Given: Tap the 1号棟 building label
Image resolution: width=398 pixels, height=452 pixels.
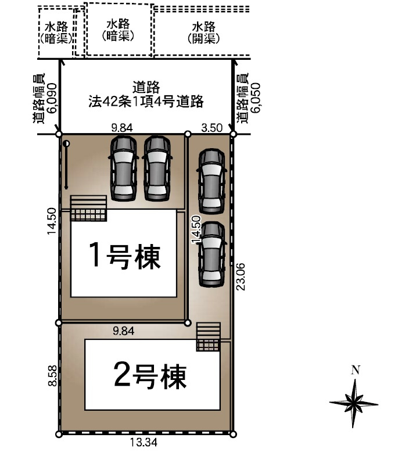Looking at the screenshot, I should [x=124, y=256].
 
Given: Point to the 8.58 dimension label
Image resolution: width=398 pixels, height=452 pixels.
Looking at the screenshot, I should [x=53, y=376].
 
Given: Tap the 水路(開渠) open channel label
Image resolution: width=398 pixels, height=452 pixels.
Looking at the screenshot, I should [x=203, y=33].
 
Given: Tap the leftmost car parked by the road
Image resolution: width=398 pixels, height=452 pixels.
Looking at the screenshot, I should [x=123, y=168].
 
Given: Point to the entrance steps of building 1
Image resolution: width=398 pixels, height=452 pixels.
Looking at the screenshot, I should [x=89, y=208].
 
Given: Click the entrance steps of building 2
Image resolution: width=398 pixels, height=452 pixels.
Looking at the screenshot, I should [x=208, y=337].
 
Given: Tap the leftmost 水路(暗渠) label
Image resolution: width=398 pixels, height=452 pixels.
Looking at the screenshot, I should [x=57, y=33].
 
